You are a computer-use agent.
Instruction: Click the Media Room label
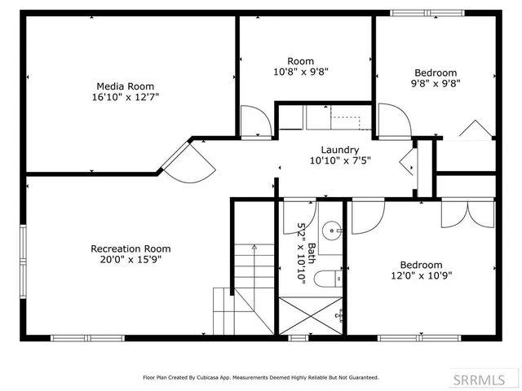(125, 86)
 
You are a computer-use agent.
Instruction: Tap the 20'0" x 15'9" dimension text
(130, 260)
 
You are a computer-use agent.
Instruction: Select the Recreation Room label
(130, 248)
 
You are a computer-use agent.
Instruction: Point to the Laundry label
(339, 150)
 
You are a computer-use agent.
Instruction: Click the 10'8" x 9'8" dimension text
(300, 72)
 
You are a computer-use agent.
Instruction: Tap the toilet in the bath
(327, 279)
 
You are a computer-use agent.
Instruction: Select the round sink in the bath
(332, 231)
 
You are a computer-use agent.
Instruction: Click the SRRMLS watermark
(485, 380)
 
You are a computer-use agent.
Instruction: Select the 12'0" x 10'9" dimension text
(421, 275)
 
